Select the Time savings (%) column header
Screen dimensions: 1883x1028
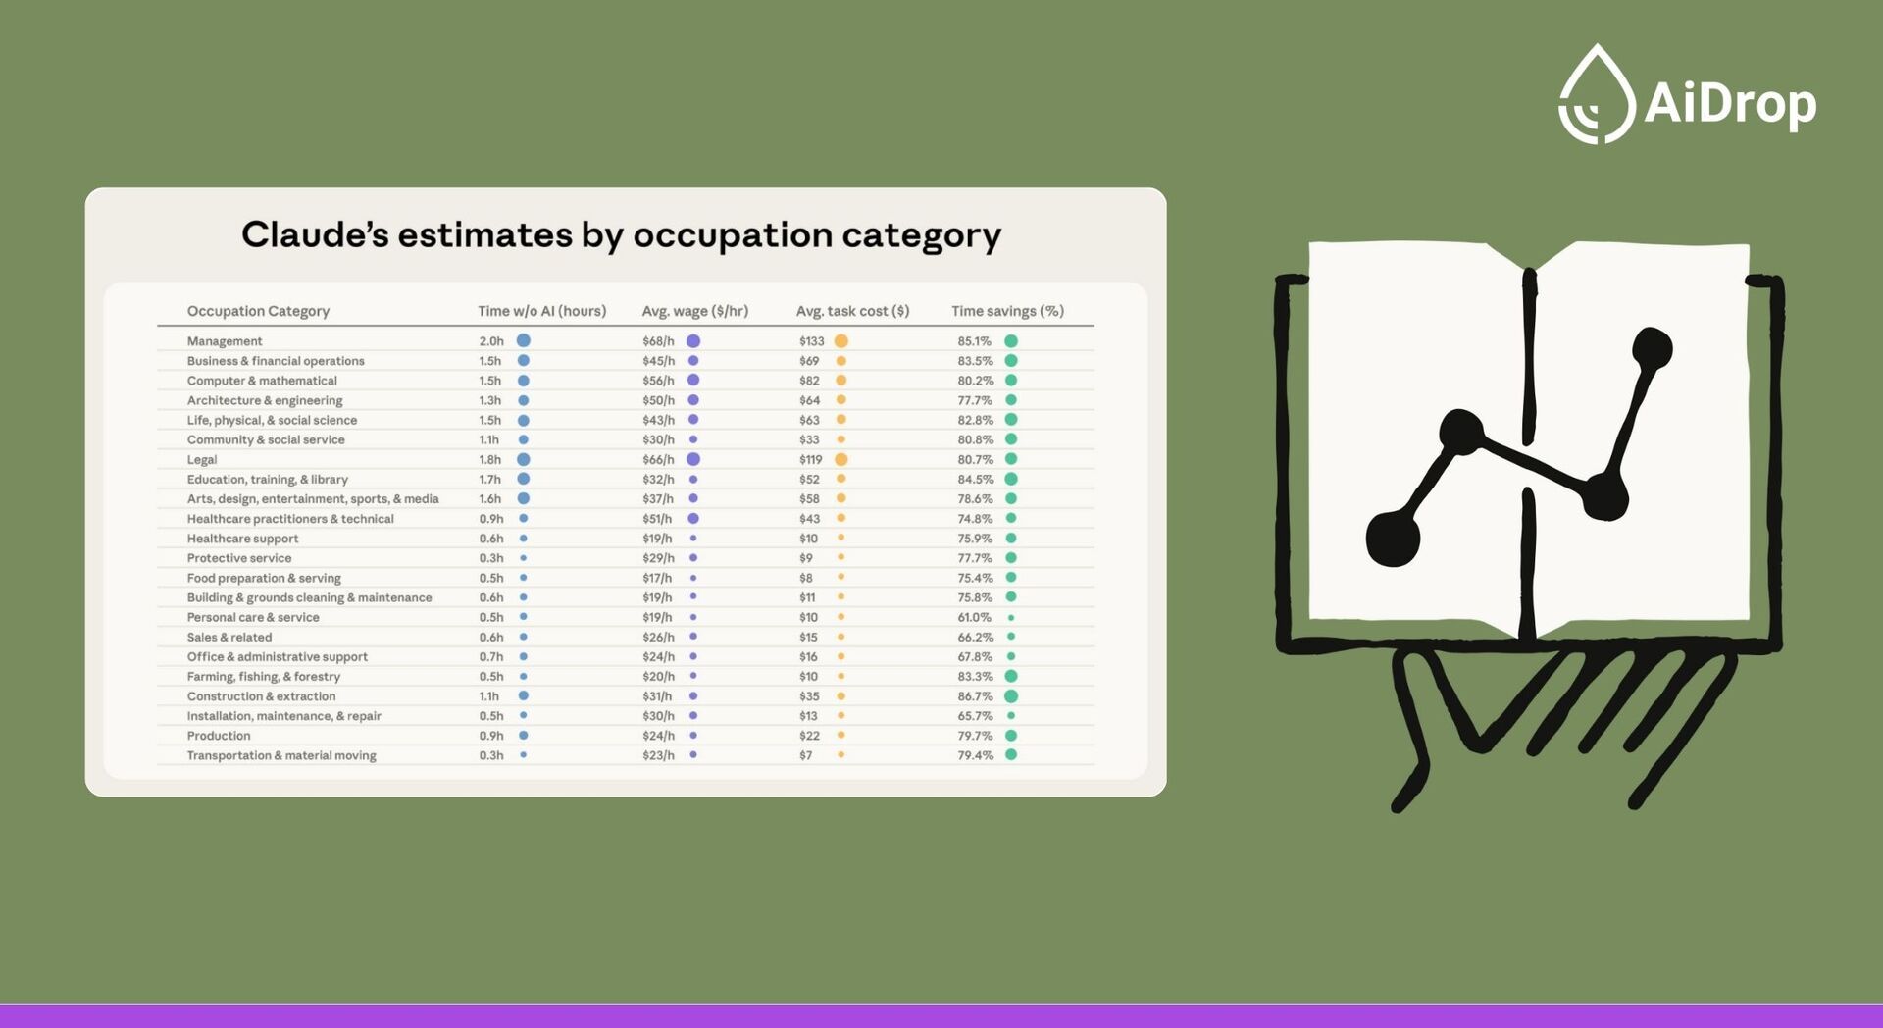(x=1007, y=311)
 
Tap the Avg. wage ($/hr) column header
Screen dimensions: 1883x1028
(x=694, y=311)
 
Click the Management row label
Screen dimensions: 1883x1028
(x=225, y=341)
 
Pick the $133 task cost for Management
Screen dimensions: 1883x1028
(x=811, y=341)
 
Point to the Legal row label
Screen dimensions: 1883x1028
(x=202, y=459)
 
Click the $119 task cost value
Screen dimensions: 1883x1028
(x=810, y=459)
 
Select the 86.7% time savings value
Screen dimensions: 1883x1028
(x=975, y=696)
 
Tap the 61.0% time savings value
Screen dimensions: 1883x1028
(x=974, y=617)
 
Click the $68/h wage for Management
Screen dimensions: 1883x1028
(x=658, y=341)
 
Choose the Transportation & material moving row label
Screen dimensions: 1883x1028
(x=281, y=755)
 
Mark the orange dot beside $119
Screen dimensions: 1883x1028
(x=840, y=459)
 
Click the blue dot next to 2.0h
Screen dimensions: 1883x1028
(x=524, y=340)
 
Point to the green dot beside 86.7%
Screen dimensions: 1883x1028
(x=1011, y=696)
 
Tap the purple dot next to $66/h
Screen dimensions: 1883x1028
(x=693, y=459)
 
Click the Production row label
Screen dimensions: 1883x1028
(x=219, y=736)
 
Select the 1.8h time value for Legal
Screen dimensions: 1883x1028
(x=490, y=459)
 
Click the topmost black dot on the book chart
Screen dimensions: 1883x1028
(x=1652, y=349)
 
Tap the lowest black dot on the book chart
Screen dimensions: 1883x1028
(x=1393, y=539)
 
